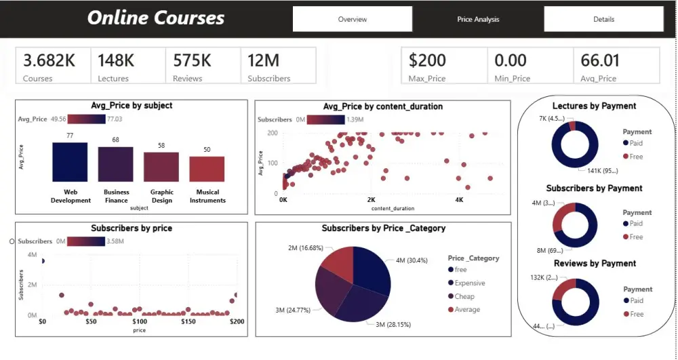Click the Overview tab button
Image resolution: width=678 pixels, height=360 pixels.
[x=353, y=19]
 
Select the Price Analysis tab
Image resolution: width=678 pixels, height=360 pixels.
[x=478, y=19]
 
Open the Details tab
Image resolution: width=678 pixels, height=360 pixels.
[x=603, y=19]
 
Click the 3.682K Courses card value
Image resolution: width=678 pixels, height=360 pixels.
[x=49, y=60]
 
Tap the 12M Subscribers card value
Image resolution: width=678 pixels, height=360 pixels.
[x=262, y=60]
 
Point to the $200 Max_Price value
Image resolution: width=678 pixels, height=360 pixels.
[x=427, y=60]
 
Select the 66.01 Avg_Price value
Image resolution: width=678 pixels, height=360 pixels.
[x=600, y=60]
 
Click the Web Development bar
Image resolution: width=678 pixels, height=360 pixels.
[x=70, y=162]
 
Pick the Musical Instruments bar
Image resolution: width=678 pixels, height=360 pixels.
[x=207, y=169]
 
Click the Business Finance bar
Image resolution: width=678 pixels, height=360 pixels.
[x=115, y=164]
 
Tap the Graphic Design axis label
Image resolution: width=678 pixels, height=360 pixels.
[x=162, y=196]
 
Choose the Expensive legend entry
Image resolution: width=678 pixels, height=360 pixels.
[x=470, y=283]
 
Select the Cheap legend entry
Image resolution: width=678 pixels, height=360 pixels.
[x=464, y=296]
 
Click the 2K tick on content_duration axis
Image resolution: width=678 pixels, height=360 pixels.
[x=371, y=201]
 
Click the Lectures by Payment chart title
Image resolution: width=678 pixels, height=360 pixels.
[x=594, y=106]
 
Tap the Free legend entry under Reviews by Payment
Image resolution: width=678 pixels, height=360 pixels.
[x=636, y=314]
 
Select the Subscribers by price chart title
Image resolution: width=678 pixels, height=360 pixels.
[x=132, y=228]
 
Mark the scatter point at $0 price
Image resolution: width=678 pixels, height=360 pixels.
[x=43, y=261]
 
